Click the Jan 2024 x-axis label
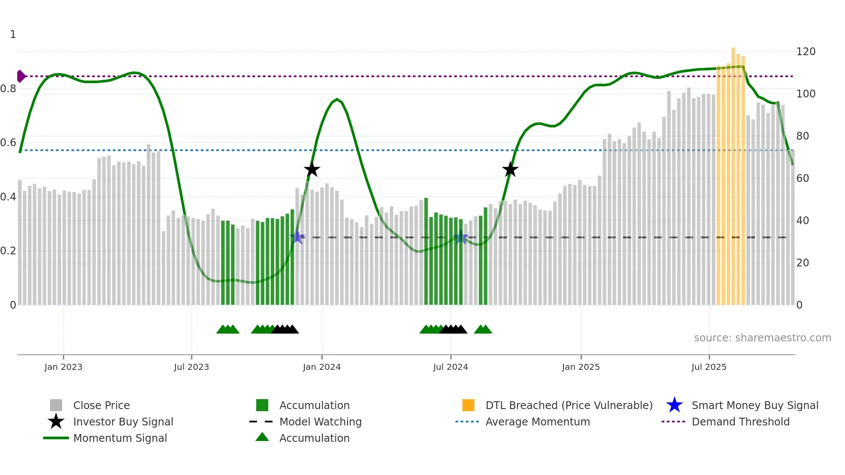[x=322, y=367]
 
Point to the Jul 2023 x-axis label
[x=191, y=367]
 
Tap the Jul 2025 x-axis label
[x=709, y=367]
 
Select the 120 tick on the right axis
[x=805, y=52]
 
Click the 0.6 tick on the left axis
[x=8, y=143]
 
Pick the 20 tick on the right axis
[x=802, y=262]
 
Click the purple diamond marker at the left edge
[x=21, y=76]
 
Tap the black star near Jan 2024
[x=312, y=170]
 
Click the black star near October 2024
[x=510, y=170]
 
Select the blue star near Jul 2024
[x=461, y=237]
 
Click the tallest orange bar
[x=733, y=172]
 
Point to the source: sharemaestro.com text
[x=762, y=338]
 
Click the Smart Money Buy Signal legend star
[x=674, y=405]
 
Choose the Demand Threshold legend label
[x=740, y=422]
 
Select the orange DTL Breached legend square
[x=468, y=405]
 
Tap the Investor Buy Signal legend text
[x=123, y=422]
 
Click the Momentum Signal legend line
[x=56, y=438]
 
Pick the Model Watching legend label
[x=320, y=422]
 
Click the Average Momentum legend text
[x=538, y=422]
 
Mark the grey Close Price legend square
[x=56, y=405]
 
